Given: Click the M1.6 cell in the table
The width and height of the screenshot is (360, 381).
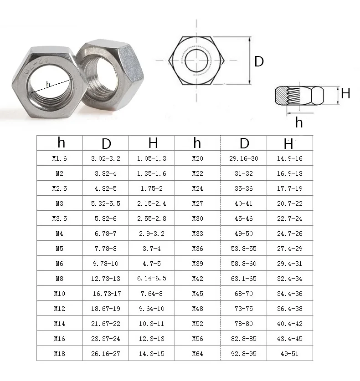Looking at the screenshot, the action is click(60, 158).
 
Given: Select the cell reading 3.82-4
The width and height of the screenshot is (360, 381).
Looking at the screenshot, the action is click(106, 173).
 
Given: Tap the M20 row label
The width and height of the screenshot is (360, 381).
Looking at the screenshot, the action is click(197, 158).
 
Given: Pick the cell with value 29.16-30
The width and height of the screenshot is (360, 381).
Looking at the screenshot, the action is click(243, 158).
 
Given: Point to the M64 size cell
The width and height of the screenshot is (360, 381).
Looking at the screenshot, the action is click(197, 354).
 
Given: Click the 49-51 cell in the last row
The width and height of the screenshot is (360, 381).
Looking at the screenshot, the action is click(289, 354).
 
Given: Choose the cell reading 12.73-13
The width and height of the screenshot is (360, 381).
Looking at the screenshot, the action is click(106, 279).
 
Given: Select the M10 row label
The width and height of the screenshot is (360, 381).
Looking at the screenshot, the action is click(60, 294).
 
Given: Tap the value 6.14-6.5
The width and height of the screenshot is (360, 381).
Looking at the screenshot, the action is click(152, 278).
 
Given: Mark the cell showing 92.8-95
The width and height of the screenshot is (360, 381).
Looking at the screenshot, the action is click(243, 354).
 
